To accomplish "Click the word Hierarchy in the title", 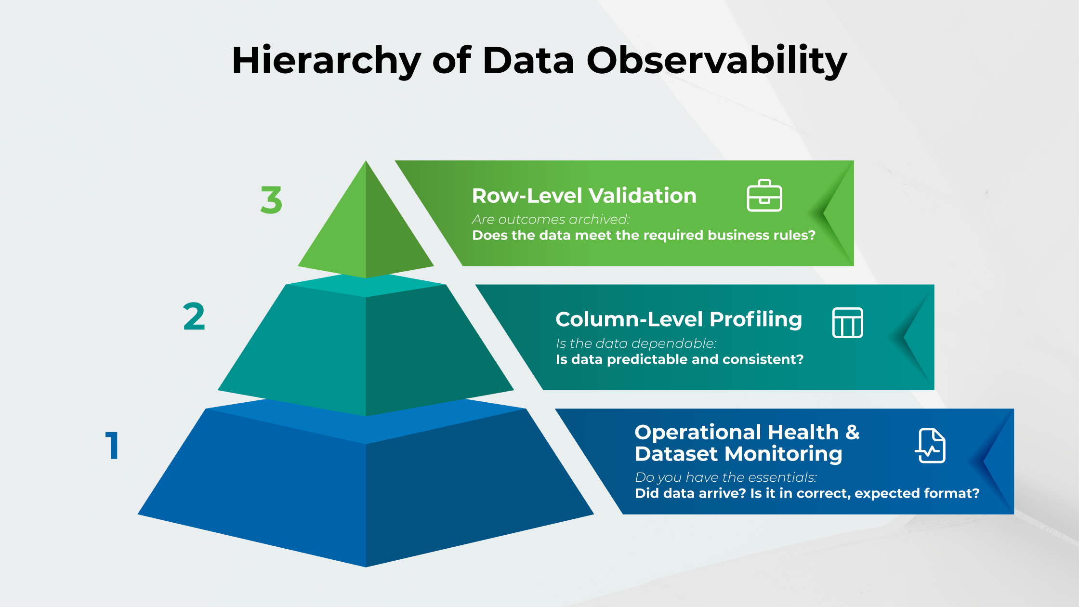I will pos(326,61).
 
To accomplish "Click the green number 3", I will pos(271,200).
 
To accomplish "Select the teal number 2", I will pos(194,317).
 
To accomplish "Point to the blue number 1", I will pos(112,446).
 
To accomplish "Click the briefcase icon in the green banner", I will pos(764,196).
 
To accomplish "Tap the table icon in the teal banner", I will pos(847,323).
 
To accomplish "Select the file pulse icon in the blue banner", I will pos(930,446).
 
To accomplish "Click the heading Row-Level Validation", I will pos(584,196).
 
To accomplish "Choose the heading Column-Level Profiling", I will pos(678,319).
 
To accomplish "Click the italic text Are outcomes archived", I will pos(551,220).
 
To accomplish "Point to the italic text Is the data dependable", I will pos(636,343).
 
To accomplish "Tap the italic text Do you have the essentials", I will pos(725,477).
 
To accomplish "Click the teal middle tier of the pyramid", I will pos(366,347).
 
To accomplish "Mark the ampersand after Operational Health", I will pos(852,432).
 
